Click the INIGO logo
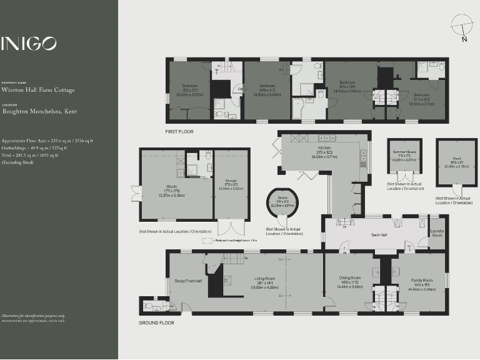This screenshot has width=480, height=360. click(x=29, y=43)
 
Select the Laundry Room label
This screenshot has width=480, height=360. click(x=437, y=233)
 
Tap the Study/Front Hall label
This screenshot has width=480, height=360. click(x=188, y=281)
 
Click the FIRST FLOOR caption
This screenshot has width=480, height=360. click(x=179, y=132)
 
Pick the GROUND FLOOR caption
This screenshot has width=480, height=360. click(x=157, y=322)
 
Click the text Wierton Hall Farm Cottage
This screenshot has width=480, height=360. click(x=38, y=90)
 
